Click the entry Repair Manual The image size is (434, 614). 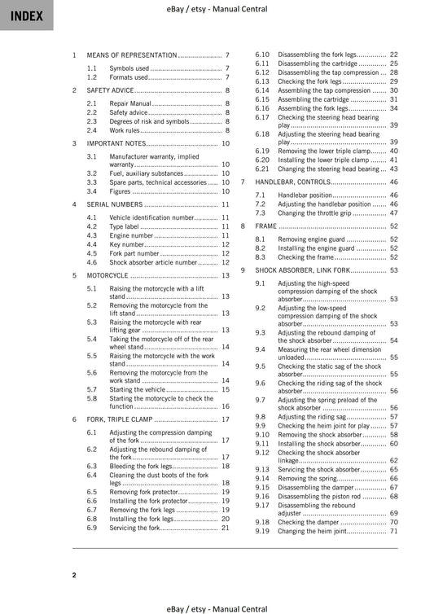coord(130,104)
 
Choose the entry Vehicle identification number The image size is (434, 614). coord(151,217)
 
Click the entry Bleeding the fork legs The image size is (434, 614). coord(146,466)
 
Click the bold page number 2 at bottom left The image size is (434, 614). coord(73,575)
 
